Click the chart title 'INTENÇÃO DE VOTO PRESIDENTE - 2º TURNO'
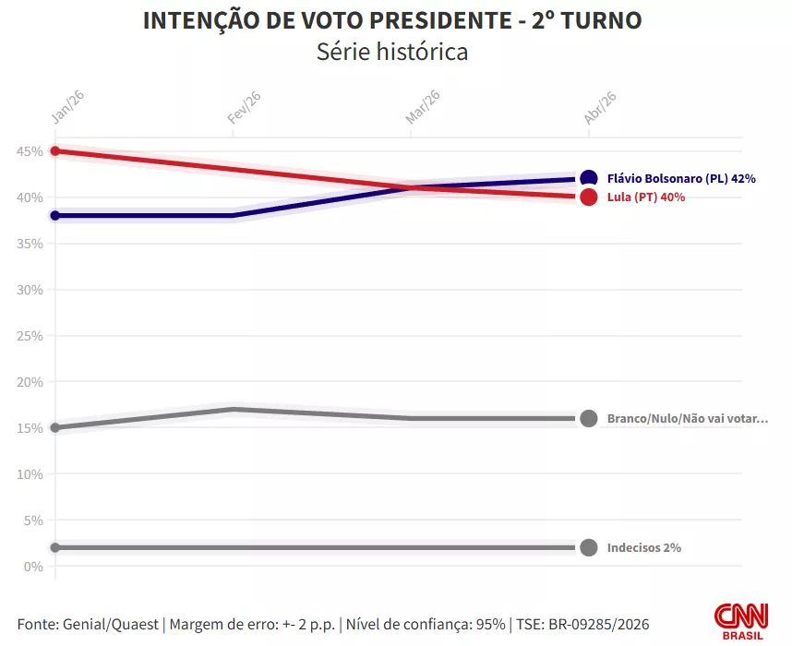click(392, 20)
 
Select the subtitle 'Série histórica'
click(392, 52)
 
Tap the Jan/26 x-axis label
click(63, 107)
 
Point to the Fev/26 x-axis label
click(244, 107)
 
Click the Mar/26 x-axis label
click(423, 107)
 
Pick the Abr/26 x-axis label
click(600, 107)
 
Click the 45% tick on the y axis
click(30, 151)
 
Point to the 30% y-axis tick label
click(30, 290)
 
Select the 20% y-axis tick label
click(30, 382)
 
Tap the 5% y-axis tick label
click(33, 520)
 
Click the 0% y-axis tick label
click(33, 567)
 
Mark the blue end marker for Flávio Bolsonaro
click(589, 179)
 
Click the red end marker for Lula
click(589, 197)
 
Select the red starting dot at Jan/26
click(55, 151)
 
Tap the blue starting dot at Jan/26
click(55, 216)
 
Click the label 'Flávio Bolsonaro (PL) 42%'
click(681, 179)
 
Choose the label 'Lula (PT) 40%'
click(646, 197)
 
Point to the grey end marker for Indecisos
click(589, 547)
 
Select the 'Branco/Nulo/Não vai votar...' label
click(687, 419)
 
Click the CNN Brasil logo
click(740, 621)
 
